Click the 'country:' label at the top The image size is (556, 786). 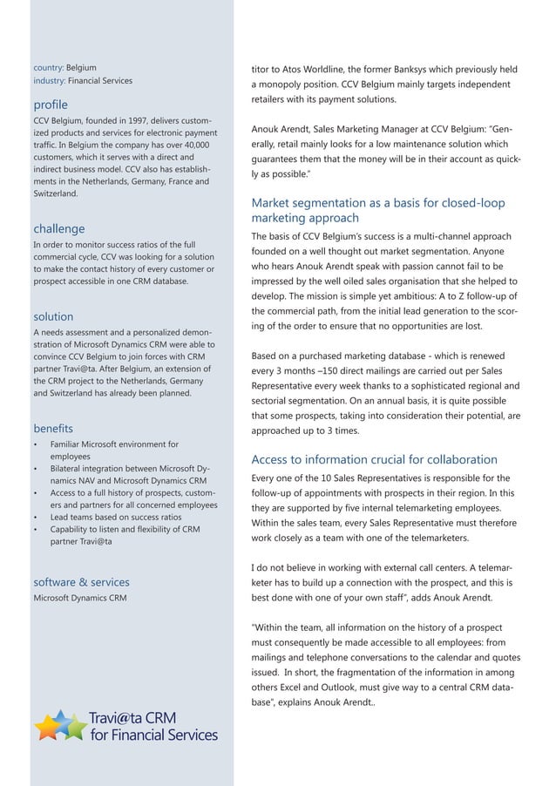click(x=48, y=67)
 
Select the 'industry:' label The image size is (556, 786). click(x=49, y=81)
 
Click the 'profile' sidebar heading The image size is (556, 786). click(x=50, y=105)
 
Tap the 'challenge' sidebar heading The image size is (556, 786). click(x=58, y=228)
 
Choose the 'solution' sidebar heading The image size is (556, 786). click(x=53, y=316)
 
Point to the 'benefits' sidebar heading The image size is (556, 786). click(x=53, y=429)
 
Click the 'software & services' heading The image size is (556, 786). click(x=81, y=581)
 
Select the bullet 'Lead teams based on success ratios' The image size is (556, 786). click(x=116, y=517)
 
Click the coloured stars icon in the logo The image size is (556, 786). click(x=60, y=725)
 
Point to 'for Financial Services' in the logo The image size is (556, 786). click(x=153, y=735)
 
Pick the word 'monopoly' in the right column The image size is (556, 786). click(x=286, y=84)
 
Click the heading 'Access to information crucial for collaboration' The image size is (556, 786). click(x=374, y=459)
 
